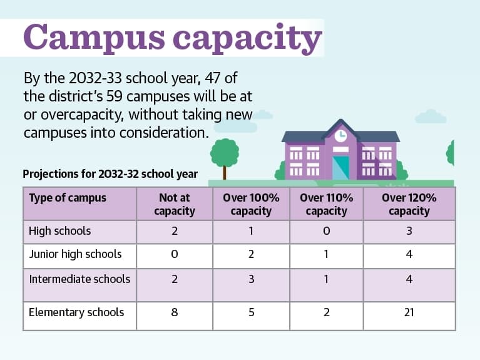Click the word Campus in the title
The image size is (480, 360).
(x=94, y=38)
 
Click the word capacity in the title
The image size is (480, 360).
(x=247, y=39)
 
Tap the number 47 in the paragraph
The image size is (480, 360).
(x=213, y=78)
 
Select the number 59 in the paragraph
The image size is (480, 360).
(x=115, y=96)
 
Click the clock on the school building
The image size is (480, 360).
(x=340, y=136)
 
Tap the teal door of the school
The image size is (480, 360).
(x=340, y=168)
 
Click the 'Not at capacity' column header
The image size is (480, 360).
(x=175, y=204)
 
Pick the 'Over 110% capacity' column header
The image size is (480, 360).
(x=327, y=204)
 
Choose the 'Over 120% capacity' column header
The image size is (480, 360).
(x=409, y=204)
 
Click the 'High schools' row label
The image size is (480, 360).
(x=59, y=231)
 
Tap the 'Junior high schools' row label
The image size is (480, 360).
(x=75, y=254)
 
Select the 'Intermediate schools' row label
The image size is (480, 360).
(x=79, y=279)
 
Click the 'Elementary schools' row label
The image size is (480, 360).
(x=76, y=312)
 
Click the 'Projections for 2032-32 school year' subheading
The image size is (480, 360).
(x=110, y=174)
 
